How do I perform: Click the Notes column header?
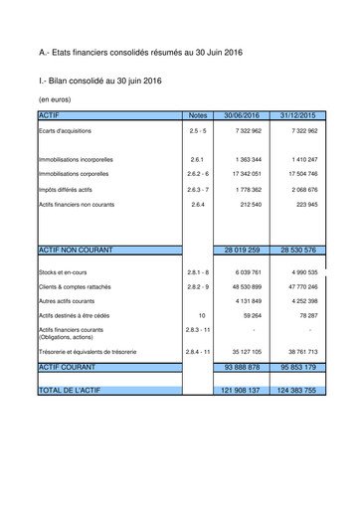[x=197, y=115]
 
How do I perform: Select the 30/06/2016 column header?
[x=242, y=115]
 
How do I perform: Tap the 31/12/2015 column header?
[x=297, y=115]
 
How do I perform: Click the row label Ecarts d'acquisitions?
[x=66, y=131]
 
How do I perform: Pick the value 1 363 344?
[x=249, y=159]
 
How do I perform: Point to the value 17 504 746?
[x=302, y=174]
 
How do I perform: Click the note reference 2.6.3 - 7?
[x=197, y=189]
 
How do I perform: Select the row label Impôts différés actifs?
[x=73, y=189]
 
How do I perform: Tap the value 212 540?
[x=251, y=204]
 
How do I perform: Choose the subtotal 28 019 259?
[x=242, y=251]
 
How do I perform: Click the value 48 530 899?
[x=245, y=286]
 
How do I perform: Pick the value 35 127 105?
[x=245, y=352]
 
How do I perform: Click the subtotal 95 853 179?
[x=297, y=367]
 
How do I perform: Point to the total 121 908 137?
[x=242, y=391]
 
